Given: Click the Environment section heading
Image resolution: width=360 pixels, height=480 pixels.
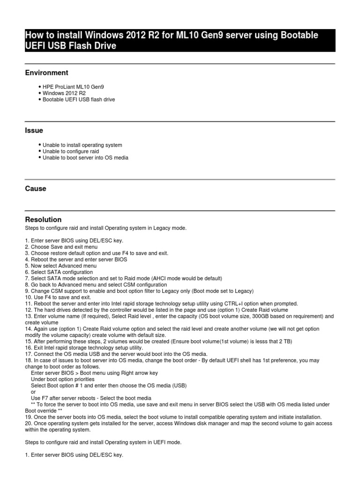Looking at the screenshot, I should [x=46, y=73].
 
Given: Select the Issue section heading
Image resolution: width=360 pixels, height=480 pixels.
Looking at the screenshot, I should [x=34, y=130].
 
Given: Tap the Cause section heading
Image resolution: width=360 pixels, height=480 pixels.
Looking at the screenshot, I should [x=36, y=188].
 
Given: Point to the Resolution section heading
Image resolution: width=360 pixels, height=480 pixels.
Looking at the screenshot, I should [x=43, y=219].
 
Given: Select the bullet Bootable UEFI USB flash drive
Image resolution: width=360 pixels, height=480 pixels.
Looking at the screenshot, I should [x=79, y=100].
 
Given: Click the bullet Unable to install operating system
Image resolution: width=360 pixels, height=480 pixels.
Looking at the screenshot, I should [x=82, y=145].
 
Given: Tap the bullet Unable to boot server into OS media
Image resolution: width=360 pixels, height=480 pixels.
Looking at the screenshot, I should [x=85, y=158].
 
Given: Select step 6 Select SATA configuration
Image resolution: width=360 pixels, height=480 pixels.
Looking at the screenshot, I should [x=59, y=272].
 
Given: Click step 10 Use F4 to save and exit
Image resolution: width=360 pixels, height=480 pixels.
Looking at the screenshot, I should [x=58, y=297].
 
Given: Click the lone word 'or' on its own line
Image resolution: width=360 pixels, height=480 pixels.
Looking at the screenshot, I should [x=33, y=392].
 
